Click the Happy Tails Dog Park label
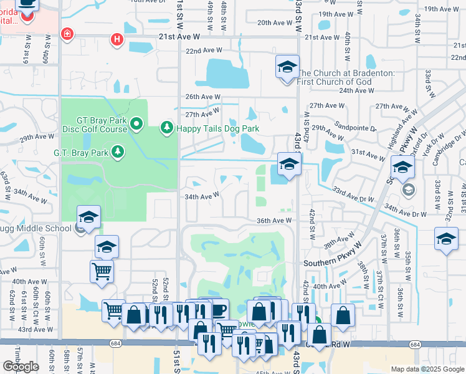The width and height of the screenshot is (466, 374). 217,129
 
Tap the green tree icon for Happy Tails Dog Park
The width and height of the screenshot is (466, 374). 166,128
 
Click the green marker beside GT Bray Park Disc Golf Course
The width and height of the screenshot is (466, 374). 138,125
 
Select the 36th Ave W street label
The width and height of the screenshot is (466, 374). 273,221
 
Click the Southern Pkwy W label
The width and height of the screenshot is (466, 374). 328,263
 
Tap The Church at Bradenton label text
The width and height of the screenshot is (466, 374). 354,73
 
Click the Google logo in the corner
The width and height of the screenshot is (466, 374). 21,367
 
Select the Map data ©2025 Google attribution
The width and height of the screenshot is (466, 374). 427,369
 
